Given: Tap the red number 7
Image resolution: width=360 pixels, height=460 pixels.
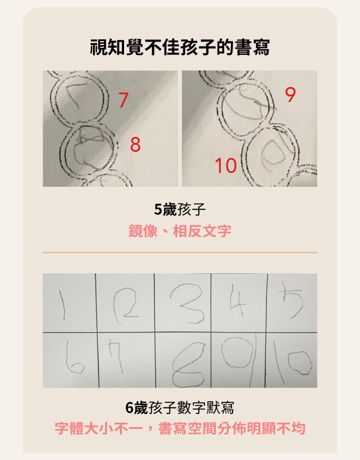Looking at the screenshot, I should (x=124, y=100).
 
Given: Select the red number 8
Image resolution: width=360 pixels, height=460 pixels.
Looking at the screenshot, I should (x=135, y=145).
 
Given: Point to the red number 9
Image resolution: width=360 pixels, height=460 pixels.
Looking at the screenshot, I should (x=290, y=95).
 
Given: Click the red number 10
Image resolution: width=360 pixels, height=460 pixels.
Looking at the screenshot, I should (x=225, y=165).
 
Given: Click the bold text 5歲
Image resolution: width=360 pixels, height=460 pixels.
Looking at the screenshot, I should (x=165, y=209).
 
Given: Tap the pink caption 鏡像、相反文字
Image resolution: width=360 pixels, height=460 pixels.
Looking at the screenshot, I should (x=179, y=231).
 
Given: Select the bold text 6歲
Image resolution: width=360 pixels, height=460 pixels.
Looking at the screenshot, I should (x=136, y=408).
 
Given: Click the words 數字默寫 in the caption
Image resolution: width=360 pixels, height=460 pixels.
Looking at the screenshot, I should (x=206, y=408).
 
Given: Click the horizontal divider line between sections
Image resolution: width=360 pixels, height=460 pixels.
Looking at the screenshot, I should (x=179, y=253).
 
